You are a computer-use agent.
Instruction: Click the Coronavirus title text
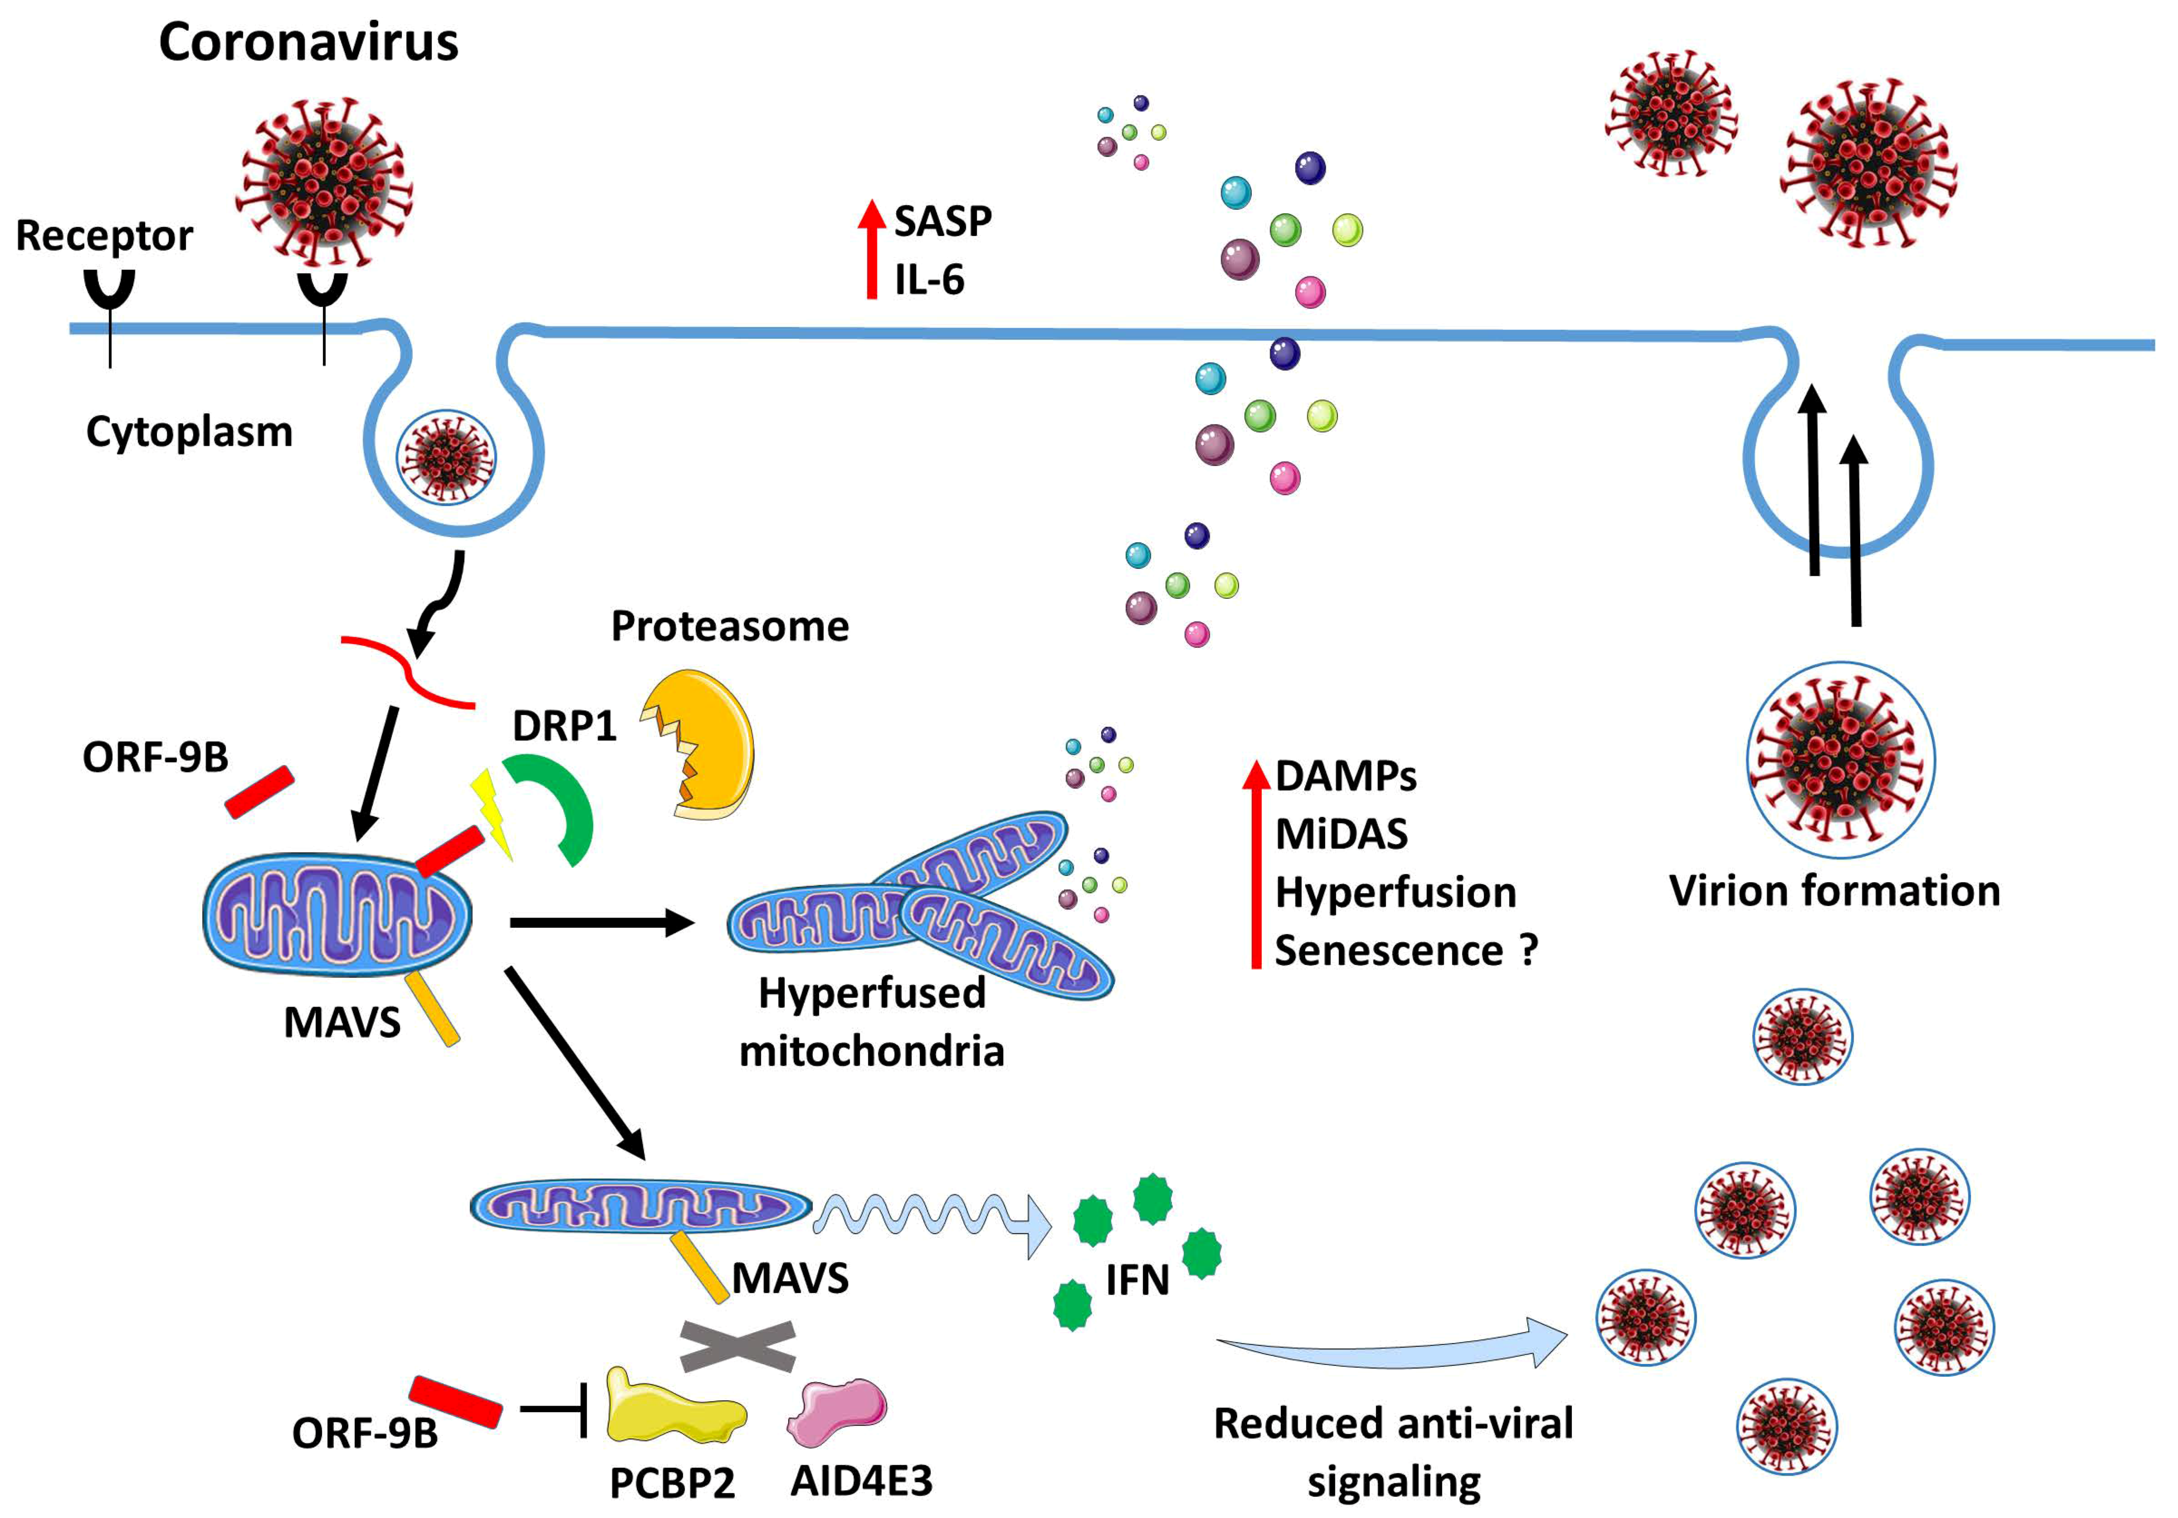[x=308, y=43]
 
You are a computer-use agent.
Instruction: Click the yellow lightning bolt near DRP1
[x=493, y=811]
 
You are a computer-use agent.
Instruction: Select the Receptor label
[x=104, y=235]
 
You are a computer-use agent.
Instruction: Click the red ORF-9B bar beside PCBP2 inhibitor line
[x=455, y=1402]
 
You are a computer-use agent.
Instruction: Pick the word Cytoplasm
[x=190, y=432]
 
